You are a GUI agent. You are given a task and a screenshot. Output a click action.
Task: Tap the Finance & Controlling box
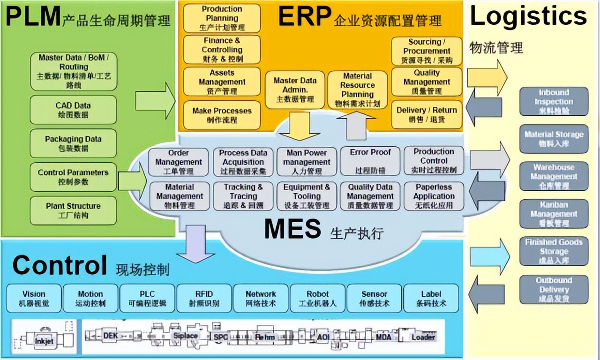coord(222,50)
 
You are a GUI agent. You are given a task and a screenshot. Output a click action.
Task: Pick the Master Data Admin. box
coord(295,90)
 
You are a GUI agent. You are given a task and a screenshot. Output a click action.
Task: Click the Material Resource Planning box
coord(357,90)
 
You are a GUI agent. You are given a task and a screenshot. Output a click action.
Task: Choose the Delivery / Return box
coord(426,114)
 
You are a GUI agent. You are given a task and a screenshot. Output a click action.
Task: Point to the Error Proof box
coord(370,161)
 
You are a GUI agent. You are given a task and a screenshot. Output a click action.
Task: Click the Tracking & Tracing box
coord(243,196)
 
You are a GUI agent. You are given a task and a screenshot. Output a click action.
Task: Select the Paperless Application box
coord(434,196)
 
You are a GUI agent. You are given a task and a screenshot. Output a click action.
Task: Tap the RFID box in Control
coord(204,298)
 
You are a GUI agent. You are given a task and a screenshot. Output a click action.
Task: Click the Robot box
coord(318,298)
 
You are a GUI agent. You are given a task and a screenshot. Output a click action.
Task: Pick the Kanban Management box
coord(554,214)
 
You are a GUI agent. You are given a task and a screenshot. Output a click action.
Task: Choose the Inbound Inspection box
coord(554,101)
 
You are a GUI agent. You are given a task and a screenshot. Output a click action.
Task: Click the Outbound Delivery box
coord(554,289)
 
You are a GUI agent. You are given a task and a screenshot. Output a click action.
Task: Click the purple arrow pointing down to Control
coord(195,244)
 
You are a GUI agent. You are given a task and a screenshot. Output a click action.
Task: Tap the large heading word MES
coord(292,229)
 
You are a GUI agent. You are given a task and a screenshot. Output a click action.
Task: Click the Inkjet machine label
coord(45,341)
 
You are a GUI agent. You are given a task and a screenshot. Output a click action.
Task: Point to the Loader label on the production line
coord(423,337)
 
